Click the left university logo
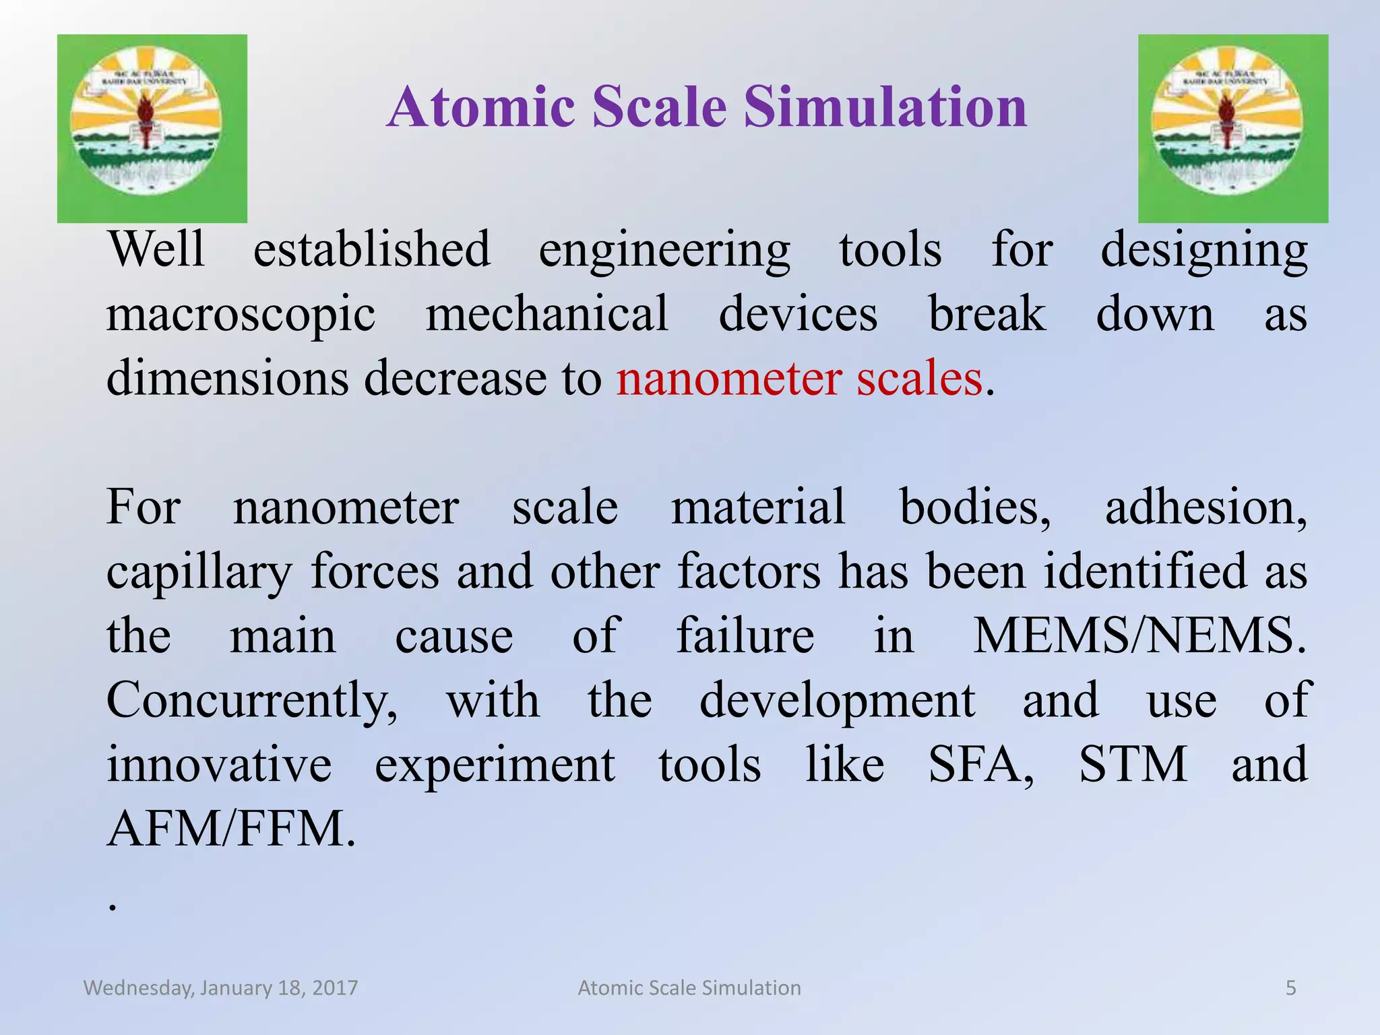point(152,128)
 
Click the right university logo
point(1232,128)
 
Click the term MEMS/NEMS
point(1139,636)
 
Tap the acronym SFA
point(980,765)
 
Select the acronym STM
point(1133,765)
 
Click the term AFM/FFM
point(230,829)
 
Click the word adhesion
point(1205,507)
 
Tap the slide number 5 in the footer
point(1290,988)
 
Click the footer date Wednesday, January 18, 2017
point(220,988)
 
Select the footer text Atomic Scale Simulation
point(689,988)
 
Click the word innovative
point(219,765)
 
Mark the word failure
point(745,636)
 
